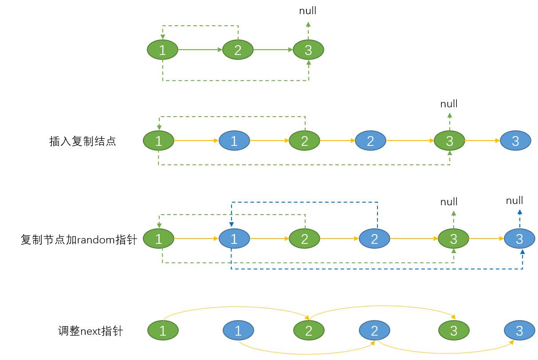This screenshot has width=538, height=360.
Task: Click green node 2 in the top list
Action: click(x=238, y=50)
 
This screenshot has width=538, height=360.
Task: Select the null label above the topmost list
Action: click(x=308, y=11)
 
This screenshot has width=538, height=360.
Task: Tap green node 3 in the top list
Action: click(x=308, y=50)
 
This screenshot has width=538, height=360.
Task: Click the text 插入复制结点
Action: click(x=82, y=141)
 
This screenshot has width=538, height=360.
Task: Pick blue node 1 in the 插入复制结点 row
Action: click(x=234, y=141)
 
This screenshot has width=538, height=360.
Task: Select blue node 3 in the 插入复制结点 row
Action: click(x=515, y=141)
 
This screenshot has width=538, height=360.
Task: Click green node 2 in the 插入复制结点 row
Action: click(x=304, y=141)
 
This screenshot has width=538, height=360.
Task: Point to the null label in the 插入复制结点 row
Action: click(x=449, y=104)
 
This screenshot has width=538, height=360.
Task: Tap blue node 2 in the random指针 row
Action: click(x=374, y=239)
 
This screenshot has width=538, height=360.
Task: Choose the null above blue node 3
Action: click(x=514, y=201)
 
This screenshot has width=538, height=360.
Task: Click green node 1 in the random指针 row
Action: click(x=159, y=239)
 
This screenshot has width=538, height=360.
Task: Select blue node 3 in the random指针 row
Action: click(x=519, y=239)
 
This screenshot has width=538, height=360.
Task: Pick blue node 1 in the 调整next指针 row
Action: click(x=238, y=330)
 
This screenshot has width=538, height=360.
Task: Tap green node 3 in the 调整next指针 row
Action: click(x=454, y=330)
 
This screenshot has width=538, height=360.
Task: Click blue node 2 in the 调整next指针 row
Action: click(x=374, y=330)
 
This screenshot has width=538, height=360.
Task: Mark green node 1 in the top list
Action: click(x=162, y=50)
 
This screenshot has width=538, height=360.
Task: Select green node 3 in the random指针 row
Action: click(x=453, y=239)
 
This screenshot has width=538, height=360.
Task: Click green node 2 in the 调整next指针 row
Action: click(x=309, y=330)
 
